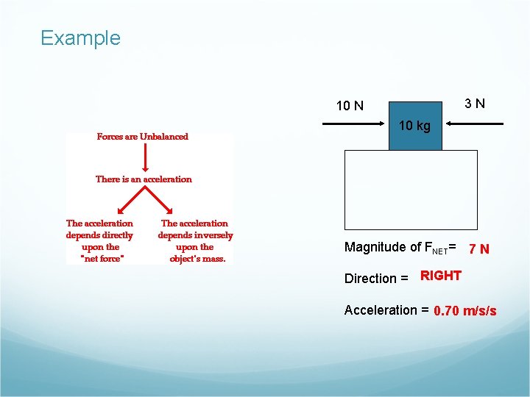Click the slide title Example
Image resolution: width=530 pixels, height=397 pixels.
(80, 37)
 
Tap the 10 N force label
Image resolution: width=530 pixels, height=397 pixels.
(350, 105)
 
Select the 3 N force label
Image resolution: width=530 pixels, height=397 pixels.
(475, 103)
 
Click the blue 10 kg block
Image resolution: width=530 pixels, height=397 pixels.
(415, 126)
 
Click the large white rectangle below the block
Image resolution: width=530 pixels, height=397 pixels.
(411, 190)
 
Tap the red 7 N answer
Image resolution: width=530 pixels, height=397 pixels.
(479, 249)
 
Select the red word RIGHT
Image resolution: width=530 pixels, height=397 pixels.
(441, 276)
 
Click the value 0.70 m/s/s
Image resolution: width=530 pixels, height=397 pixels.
(465, 311)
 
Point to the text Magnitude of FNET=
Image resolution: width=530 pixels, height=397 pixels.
(400, 248)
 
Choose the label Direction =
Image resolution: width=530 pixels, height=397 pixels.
(376, 279)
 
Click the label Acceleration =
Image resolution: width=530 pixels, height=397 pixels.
(386, 310)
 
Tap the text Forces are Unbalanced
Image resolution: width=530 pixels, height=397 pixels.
(143, 136)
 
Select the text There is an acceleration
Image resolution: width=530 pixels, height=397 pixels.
(144, 179)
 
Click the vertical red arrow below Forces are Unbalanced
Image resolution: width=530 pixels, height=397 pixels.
(144, 157)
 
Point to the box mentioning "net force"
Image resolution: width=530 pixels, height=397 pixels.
(100, 240)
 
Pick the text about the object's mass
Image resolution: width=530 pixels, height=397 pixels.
(195, 240)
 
